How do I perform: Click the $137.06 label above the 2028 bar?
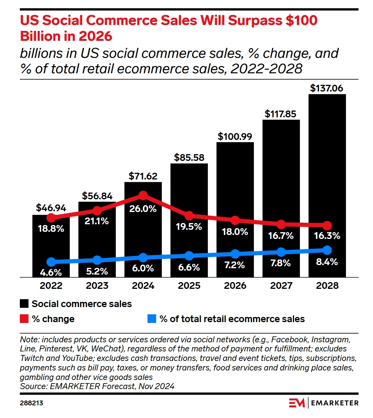(327, 88)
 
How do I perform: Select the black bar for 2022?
(51, 246)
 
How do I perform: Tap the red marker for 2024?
(143, 195)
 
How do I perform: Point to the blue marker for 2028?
(327, 250)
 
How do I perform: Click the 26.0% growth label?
(143, 209)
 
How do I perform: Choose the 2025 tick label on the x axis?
(189, 286)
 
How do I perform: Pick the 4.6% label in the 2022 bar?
(51, 273)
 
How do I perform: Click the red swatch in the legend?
(24, 319)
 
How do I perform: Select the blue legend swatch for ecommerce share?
(152, 319)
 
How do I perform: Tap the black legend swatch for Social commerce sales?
(24, 304)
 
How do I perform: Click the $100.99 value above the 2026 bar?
(235, 136)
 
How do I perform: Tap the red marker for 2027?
(281, 224)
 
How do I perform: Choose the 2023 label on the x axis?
(97, 286)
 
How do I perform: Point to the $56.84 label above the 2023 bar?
(97, 196)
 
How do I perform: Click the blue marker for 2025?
(189, 256)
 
